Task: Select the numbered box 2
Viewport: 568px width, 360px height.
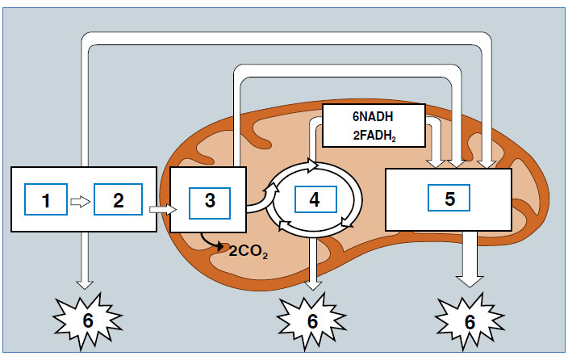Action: click(x=118, y=199)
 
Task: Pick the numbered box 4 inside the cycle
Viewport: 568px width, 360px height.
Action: click(x=314, y=199)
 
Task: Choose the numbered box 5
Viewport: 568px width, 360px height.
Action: click(x=449, y=199)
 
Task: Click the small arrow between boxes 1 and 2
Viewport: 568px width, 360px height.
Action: click(x=81, y=200)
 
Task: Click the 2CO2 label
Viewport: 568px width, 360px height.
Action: click(x=248, y=252)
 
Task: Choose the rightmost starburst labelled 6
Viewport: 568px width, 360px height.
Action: click(x=470, y=320)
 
